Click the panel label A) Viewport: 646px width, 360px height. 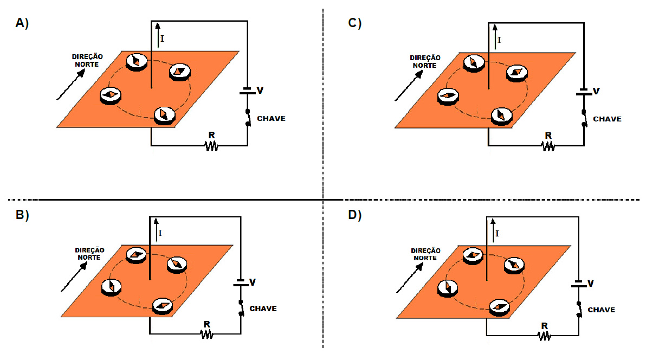(x=22, y=23)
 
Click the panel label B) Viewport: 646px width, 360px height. (x=22, y=215)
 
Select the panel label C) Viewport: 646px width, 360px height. (x=355, y=23)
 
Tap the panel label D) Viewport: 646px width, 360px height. (x=355, y=215)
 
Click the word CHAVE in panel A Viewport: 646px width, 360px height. (x=271, y=119)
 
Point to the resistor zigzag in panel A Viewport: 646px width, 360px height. (x=211, y=145)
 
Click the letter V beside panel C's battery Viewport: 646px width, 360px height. (x=596, y=91)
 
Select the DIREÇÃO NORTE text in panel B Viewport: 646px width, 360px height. (x=89, y=254)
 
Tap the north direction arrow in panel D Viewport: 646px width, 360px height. (x=410, y=278)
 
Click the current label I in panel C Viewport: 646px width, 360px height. (x=499, y=40)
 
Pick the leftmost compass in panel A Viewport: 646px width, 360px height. (x=111, y=95)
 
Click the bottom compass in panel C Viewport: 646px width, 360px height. (x=502, y=115)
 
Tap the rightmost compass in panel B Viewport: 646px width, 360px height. (x=177, y=265)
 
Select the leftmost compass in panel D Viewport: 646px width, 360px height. (x=448, y=288)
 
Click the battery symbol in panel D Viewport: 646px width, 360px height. (x=579, y=284)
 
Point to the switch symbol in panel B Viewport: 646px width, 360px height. (x=241, y=308)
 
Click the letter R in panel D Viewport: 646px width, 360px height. (x=545, y=326)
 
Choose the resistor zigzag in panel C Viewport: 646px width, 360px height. (x=548, y=145)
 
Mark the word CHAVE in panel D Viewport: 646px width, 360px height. (x=601, y=310)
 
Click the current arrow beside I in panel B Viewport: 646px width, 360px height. (x=157, y=230)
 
